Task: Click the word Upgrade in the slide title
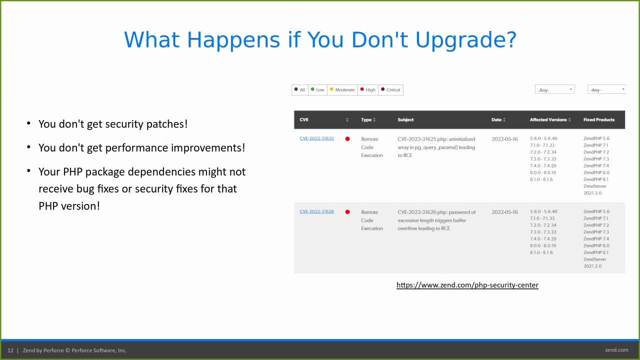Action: pos(465,40)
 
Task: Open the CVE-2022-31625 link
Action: pos(316,138)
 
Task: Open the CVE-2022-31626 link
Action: pos(316,211)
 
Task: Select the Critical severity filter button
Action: pos(390,90)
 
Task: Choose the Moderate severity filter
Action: pos(342,90)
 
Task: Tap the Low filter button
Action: pos(317,90)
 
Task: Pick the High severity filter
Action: pos(368,90)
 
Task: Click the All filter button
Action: pos(299,90)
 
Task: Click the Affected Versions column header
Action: pos(548,119)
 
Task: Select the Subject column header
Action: pos(405,119)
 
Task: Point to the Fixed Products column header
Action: pos(599,119)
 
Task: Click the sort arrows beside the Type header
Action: pos(374,120)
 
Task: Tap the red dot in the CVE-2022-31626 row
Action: pos(347,212)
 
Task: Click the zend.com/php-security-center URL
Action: pos(467,285)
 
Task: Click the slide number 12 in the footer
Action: pos(10,350)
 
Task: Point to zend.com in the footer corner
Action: pos(616,350)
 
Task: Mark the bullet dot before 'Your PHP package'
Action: pos(28,171)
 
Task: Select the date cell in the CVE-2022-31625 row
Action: pos(504,139)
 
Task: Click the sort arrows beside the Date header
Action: pos(504,120)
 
